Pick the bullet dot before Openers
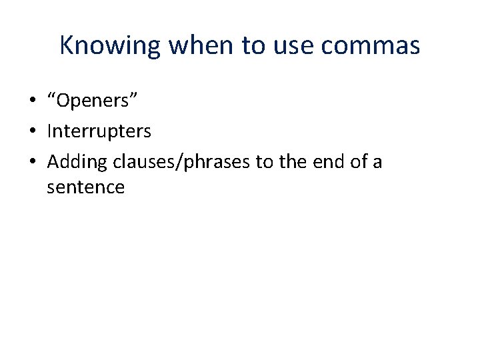click(32, 101)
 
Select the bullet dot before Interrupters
click(32, 131)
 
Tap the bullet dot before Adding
click(32, 161)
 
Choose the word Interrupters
click(99, 131)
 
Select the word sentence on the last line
click(85, 187)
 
